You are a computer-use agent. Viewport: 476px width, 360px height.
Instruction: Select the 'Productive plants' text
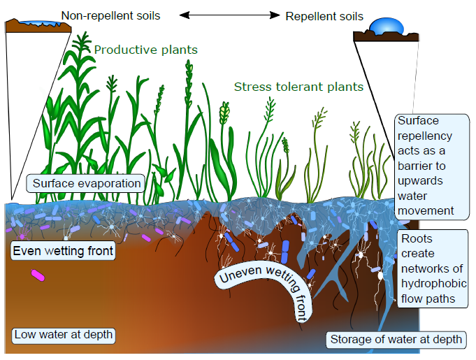pyautogui.click(x=145, y=50)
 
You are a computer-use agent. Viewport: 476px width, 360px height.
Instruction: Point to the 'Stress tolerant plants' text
pyautogui.click(x=298, y=87)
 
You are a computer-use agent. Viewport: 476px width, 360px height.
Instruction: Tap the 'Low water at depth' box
pyautogui.click(x=63, y=334)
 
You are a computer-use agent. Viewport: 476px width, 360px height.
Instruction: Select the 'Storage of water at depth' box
pyautogui.click(x=396, y=340)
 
